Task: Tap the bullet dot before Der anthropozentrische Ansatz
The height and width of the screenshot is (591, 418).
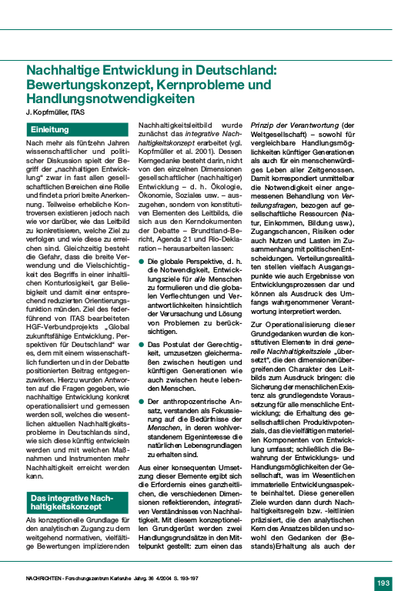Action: click(141, 401)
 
